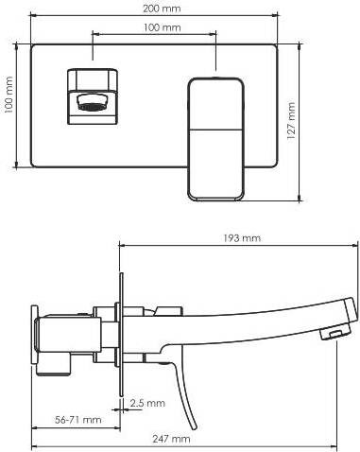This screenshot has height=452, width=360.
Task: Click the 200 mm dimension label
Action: point(162,9)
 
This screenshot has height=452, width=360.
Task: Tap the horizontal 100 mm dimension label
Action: point(163,27)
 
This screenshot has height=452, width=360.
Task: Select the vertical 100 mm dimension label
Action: point(9,95)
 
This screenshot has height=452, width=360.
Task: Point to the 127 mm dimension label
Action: point(291,121)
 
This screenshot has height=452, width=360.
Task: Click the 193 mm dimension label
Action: point(242,238)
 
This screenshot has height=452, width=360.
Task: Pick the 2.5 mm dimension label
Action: point(147,403)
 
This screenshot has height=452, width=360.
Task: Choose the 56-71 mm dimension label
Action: point(78,420)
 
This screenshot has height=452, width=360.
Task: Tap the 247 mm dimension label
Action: point(171,439)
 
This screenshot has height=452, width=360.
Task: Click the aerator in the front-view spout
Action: point(92,103)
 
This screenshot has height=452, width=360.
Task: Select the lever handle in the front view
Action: point(215,139)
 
